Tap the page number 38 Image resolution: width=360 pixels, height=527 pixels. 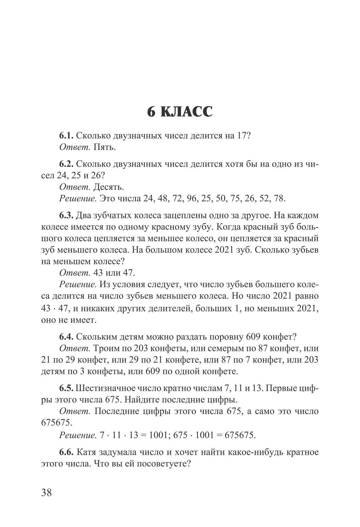(x=47, y=492)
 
